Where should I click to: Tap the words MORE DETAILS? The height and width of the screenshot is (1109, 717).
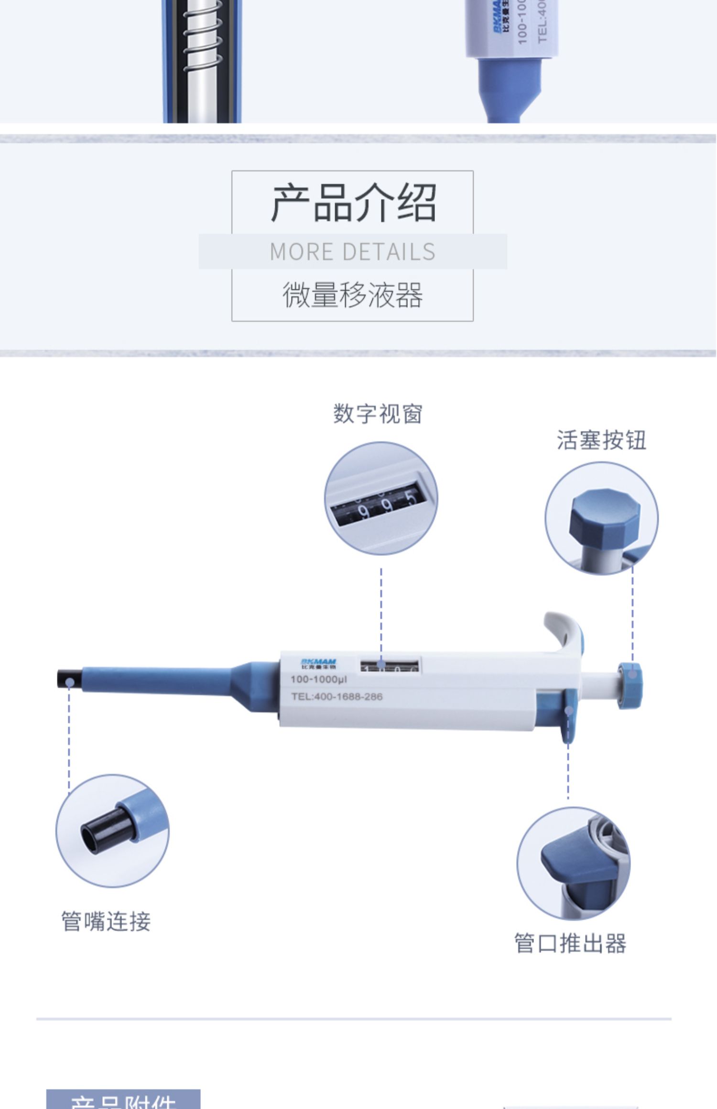(353, 252)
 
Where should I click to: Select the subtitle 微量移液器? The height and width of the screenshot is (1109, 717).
(353, 295)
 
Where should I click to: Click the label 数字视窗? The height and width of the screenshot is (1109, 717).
(378, 414)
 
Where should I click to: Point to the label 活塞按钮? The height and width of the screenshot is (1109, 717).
(601, 440)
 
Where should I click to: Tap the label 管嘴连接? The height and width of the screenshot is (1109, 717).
(106, 921)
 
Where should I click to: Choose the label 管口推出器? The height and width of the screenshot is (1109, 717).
(570, 943)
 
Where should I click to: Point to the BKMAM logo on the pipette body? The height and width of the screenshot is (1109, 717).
(318, 663)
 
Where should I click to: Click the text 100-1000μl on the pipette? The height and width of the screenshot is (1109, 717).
(319, 679)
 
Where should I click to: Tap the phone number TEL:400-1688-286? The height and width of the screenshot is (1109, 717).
(337, 697)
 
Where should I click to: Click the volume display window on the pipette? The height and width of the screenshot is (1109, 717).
(390, 665)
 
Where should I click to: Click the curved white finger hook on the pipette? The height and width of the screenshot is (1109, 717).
(564, 630)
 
